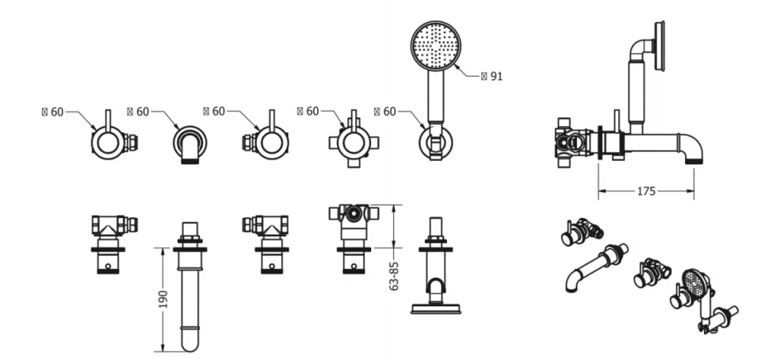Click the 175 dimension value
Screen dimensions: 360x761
pos(646,190)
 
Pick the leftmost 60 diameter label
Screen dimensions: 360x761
pos(53,112)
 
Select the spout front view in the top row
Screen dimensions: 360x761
pos(190,144)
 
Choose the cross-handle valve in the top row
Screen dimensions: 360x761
pos(354,144)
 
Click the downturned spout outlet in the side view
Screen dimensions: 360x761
pos(693,159)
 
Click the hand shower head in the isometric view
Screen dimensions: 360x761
pos(695,281)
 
